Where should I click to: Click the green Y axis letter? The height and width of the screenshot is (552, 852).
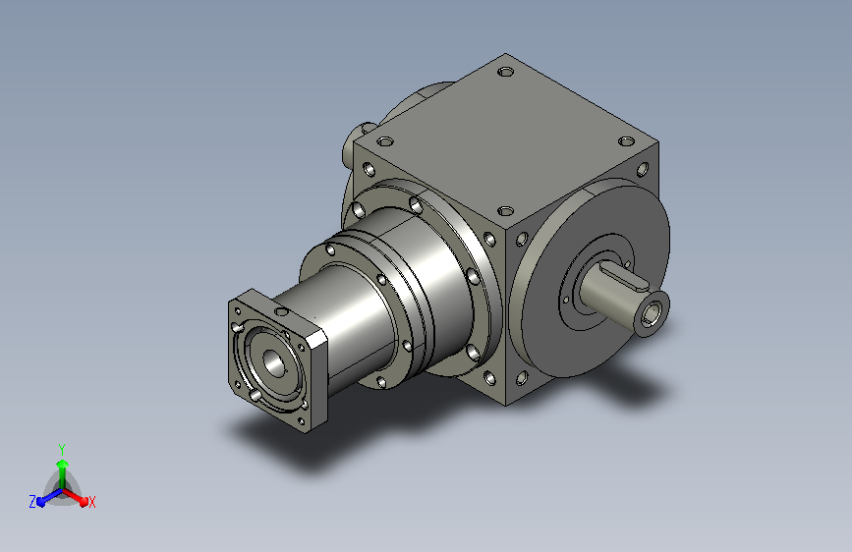(62, 449)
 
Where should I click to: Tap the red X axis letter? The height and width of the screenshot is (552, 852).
(91, 502)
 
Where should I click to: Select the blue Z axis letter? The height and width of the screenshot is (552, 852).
(32, 502)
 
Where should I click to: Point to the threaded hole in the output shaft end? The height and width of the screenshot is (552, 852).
(651, 313)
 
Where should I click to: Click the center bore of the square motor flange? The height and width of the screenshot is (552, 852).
(273, 361)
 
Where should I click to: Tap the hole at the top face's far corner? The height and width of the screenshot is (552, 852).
(506, 71)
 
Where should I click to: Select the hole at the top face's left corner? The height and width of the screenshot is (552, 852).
(384, 141)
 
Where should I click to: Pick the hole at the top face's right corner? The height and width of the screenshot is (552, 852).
(627, 141)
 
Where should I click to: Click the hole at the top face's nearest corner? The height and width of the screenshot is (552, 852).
(506, 210)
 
